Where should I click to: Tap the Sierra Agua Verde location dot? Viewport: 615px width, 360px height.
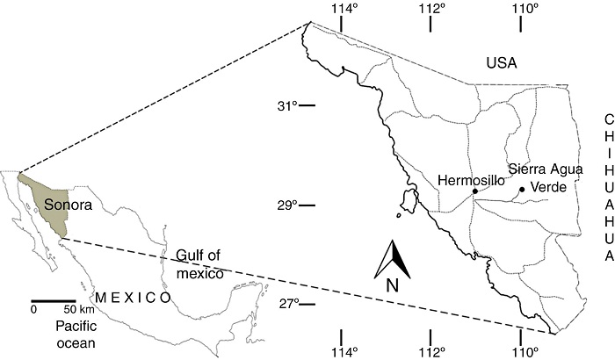(522, 189)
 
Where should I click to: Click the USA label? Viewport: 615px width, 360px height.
(503, 63)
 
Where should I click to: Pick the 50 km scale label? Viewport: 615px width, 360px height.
(80, 310)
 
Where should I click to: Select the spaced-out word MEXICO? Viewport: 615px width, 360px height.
(134, 298)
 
